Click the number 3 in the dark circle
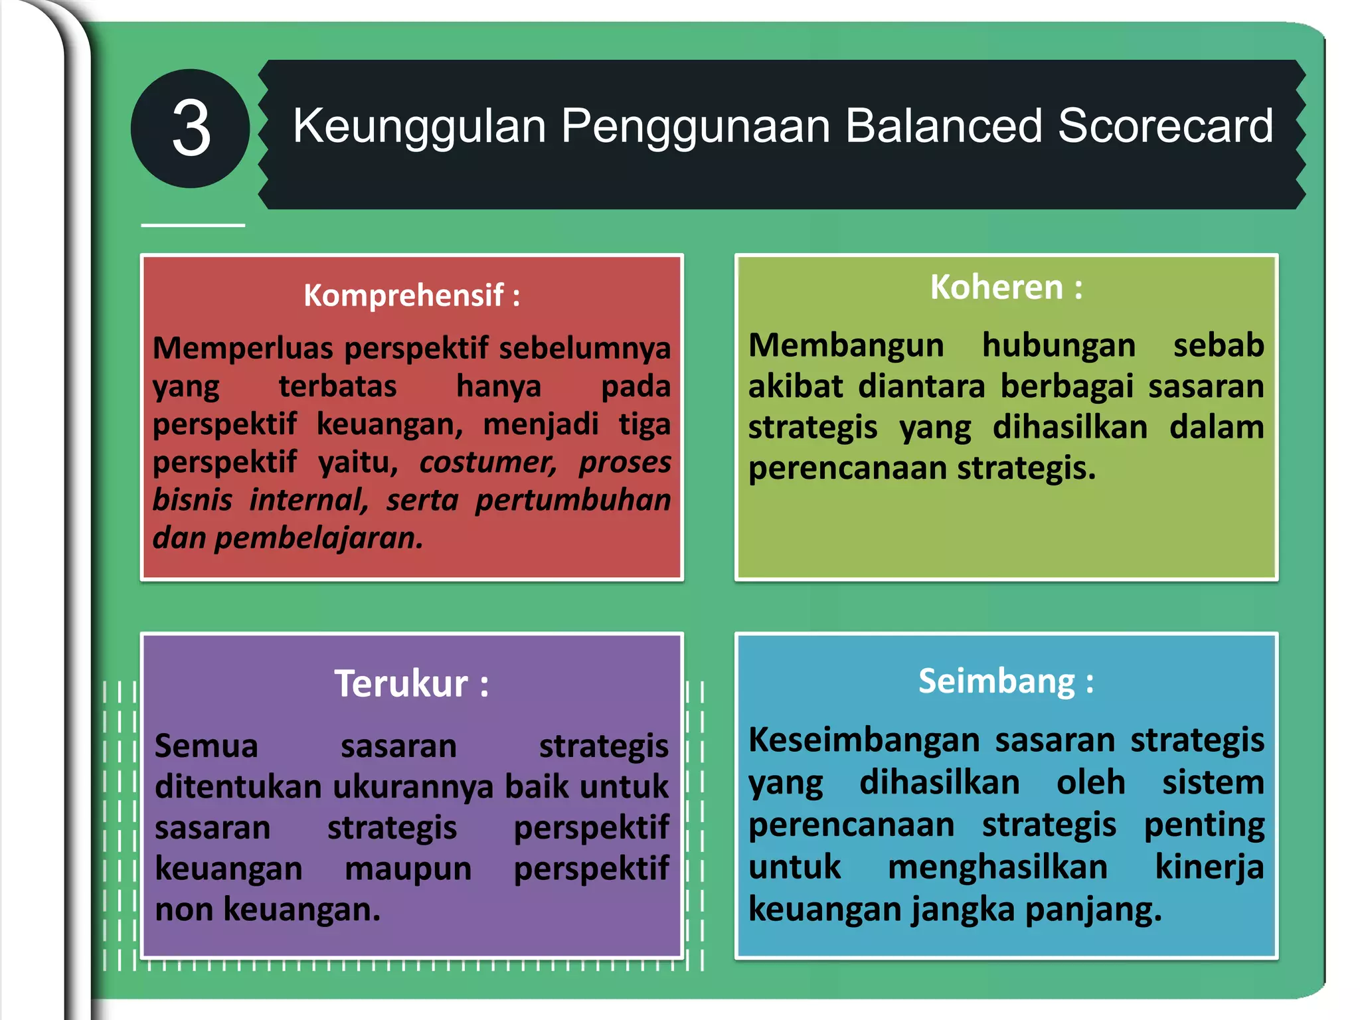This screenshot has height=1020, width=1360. point(191,129)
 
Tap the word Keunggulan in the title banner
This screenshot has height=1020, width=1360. point(419,126)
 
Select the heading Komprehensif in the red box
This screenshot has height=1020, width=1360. point(403,295)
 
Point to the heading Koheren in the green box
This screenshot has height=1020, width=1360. point(997,287)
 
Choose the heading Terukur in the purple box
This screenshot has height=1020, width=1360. point(401,683)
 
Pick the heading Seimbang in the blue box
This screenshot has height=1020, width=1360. point(997,681)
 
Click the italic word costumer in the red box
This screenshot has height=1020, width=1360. point(488,462)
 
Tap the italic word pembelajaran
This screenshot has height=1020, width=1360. point(319,538)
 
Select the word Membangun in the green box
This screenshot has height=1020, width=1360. point(846,346)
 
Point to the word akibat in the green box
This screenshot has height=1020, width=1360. point(796,386)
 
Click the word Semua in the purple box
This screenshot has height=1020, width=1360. point(206,746)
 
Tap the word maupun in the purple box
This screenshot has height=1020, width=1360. point(408,869)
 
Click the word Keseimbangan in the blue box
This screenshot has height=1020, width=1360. point(864,740)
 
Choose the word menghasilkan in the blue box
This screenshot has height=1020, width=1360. point(997,867)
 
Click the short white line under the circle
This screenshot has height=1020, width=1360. point(193,226)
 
